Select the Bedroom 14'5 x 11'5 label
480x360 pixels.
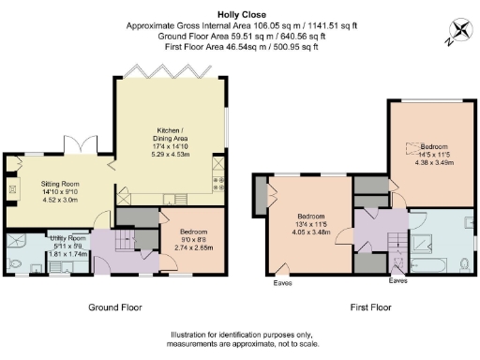point(436,153)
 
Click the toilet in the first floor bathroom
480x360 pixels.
point(466,265)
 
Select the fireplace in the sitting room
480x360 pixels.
point(11,190)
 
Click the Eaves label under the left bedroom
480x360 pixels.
point(280,282)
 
